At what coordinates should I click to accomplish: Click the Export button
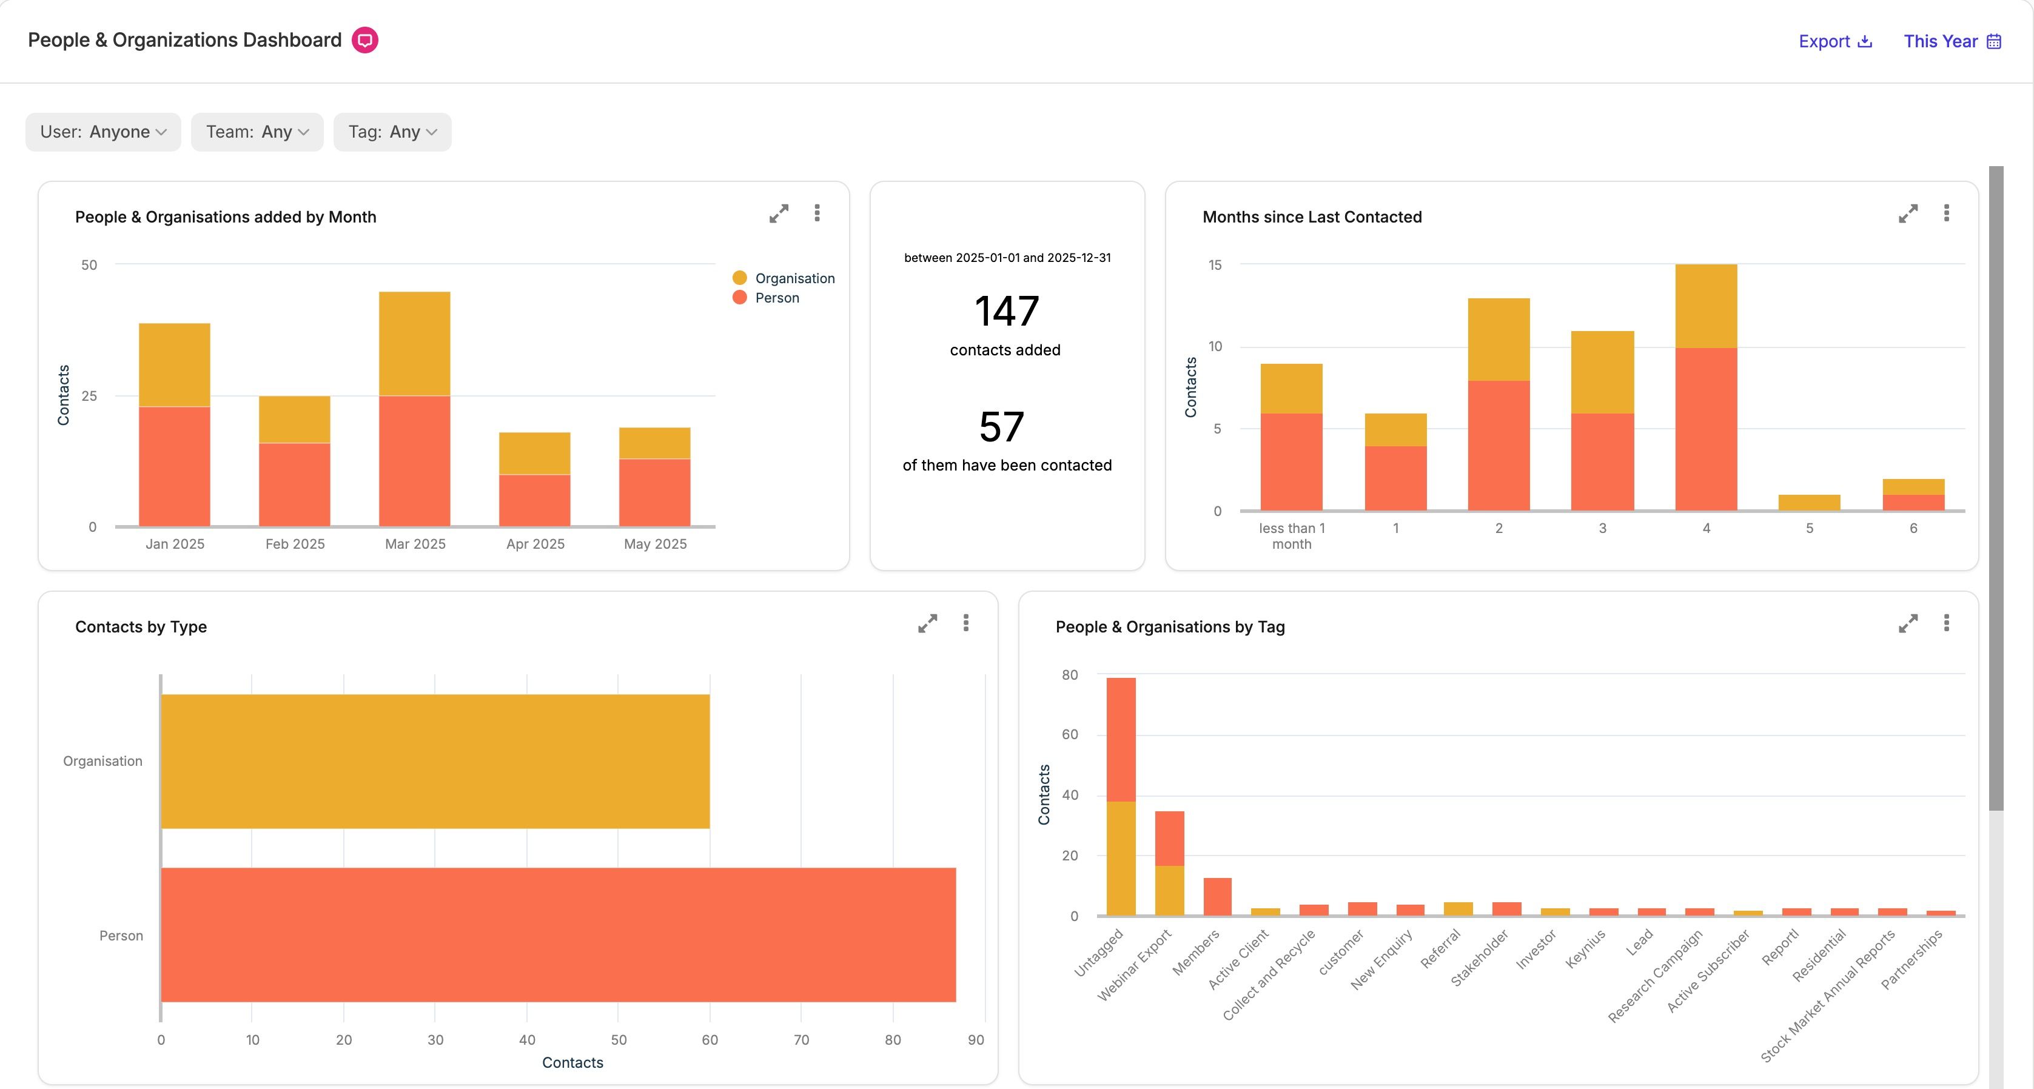coord(1835,41)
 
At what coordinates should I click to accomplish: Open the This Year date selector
coord(1952,41)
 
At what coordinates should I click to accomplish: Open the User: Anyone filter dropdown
coord(102,132)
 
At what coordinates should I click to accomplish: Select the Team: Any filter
coord(257,132)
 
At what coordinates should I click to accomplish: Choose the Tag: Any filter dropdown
coord(392,132)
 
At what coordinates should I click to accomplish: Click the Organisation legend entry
coord(784,278)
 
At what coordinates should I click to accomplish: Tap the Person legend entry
coord(766,298)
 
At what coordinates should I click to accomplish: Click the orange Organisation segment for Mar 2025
coord(415,344)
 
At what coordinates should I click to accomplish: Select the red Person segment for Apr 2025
coord(534,500)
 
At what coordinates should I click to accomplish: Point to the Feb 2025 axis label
coord(295,544)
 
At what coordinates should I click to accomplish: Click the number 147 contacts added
coord(1007,311)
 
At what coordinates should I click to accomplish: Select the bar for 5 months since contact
coord(1809,502)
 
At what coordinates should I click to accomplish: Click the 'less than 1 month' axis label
coord(1292,536)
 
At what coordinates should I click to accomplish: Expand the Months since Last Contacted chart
coord(1908,214)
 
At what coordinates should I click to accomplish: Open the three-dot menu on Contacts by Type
coord(965,623)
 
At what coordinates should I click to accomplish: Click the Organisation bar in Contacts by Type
coord(435,762)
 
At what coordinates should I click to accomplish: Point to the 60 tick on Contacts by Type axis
coord(710,1040)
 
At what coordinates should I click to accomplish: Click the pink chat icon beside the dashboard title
coord(365,40)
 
